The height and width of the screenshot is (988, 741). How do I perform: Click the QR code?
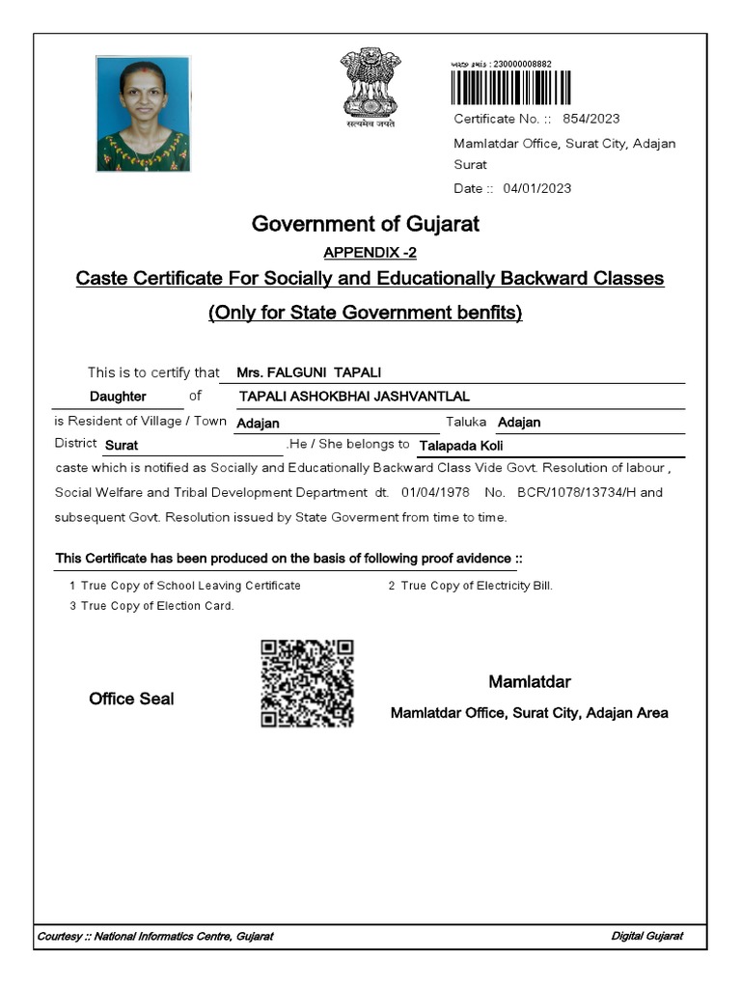click(308, 682)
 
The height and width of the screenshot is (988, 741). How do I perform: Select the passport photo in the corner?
click(143, 114)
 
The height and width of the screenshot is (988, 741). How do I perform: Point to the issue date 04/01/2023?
click(537, 188)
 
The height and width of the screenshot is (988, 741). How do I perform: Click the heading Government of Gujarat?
click(366, 225)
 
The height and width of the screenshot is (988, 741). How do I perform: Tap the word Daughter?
click(118, 397)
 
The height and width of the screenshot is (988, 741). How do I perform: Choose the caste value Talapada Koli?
click(461, 446)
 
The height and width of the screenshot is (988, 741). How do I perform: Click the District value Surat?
click(122, 446)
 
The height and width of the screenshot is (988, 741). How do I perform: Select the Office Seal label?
click(131, 700)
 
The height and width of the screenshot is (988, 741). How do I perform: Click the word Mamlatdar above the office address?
click(530, 683)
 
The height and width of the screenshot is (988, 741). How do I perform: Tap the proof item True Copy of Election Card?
click(157, 606)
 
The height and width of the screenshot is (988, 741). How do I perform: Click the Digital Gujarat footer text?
click(647, 937)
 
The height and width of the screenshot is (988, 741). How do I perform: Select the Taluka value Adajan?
click(519, 423)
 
